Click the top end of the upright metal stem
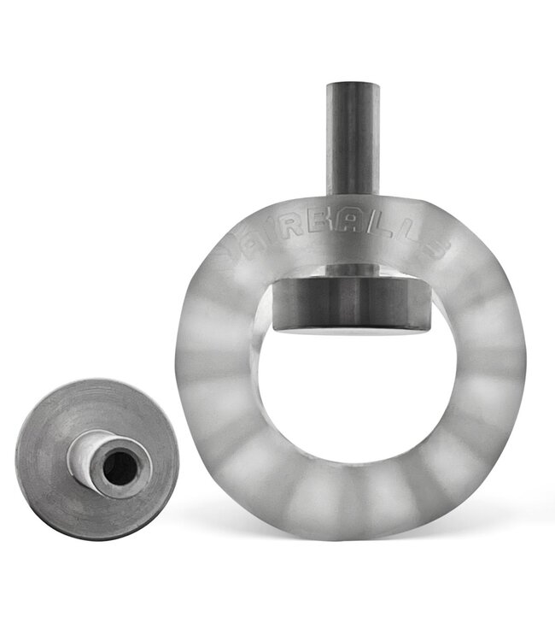[352, 85]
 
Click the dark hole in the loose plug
[120, 467]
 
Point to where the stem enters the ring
[352, 198]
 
